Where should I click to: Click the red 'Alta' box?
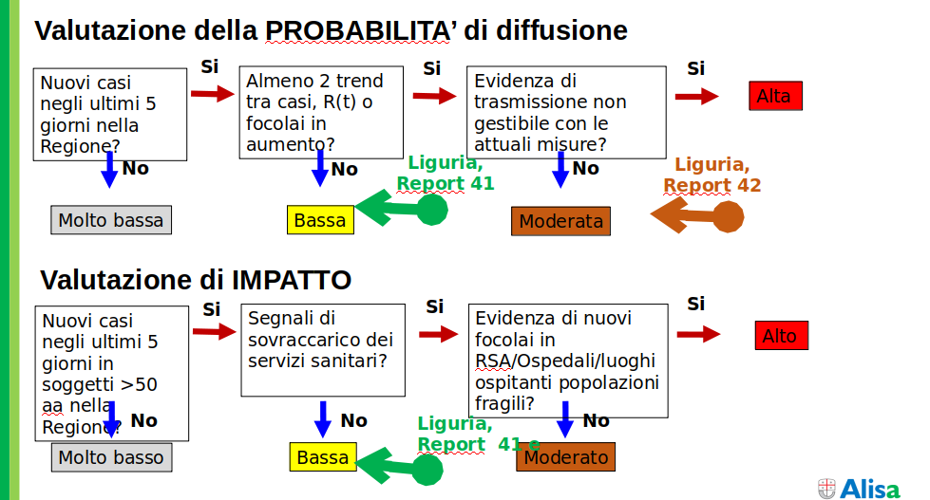(774, 96)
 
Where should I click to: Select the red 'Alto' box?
(780, 336)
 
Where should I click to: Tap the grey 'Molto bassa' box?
(111, 220)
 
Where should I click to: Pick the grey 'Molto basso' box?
(111, 457)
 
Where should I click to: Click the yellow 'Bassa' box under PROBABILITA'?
(320, 220)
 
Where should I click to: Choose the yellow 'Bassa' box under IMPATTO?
(323, 457)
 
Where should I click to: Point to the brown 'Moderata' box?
(560, 221)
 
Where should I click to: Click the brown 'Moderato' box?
(565, 457)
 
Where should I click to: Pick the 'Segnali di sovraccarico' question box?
(323, 349)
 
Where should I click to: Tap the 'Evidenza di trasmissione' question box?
(565, 113)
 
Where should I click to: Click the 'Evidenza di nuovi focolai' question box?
(567, 361)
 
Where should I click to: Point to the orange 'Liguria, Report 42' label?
(712, 175)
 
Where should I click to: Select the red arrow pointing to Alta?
(696, 96)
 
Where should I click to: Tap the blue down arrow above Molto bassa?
(109, 169)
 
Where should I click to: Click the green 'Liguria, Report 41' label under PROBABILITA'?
(446, 174)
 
